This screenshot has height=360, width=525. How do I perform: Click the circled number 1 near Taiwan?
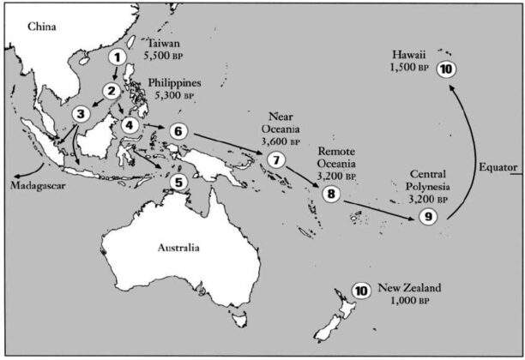click(118, 57)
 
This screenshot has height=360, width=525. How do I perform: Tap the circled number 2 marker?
click(112, 90)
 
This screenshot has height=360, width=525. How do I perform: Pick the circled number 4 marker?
click(130, 125)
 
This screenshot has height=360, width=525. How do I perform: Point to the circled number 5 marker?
click(178, 181)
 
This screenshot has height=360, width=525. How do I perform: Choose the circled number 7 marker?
click(275, 159)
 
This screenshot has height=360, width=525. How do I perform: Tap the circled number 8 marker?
click(331, 194)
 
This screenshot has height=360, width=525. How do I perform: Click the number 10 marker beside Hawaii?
click(444, 69)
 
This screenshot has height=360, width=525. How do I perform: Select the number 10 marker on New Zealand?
click(361, 291)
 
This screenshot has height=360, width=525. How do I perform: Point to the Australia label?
click(178, 248)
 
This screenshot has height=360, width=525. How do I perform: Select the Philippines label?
click(175, 83)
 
